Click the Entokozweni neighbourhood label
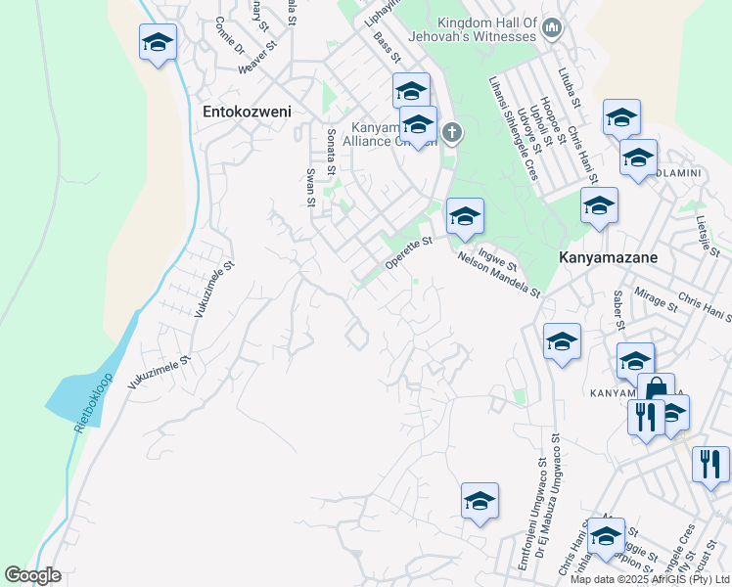247,112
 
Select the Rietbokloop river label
93,404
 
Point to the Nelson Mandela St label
499,274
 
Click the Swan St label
311,187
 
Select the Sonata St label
332,147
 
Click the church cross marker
451,132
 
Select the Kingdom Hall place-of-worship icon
551,29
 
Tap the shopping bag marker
656,389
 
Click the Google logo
32,575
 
